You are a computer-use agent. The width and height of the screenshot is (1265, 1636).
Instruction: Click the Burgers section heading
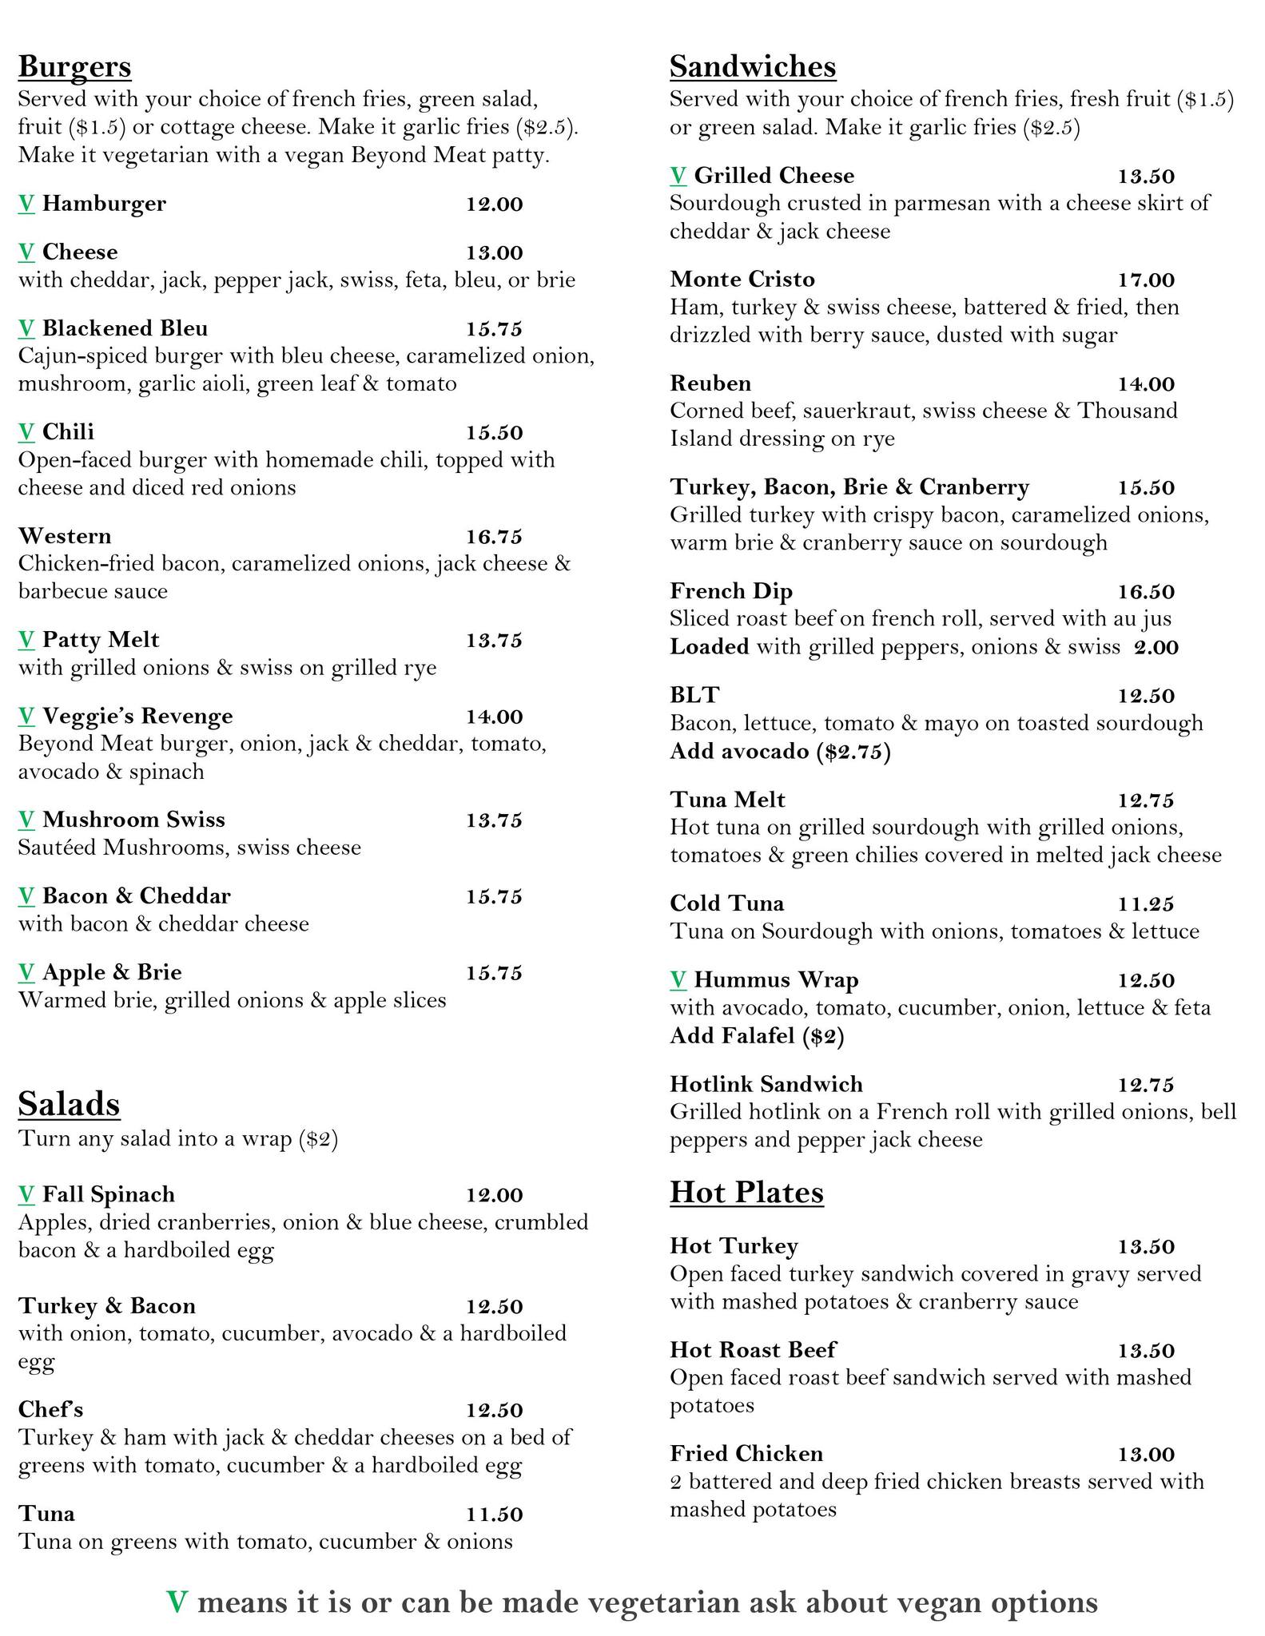pyautogui.click(x=74, y=66)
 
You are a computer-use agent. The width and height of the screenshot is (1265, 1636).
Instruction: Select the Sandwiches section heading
pyautogui.click(x=752, y=66)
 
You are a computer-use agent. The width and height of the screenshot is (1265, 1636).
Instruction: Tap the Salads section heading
pyautogui.click(x=69, y=1104)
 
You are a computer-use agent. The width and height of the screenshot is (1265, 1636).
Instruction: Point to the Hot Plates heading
pyautogui.click(x=746, y=1192)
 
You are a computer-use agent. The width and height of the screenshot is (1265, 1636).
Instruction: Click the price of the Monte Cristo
pyautogui.click(x=1145, y=280)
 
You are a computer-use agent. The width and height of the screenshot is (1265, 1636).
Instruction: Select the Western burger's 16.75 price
pyautogui.click(x=494, y=537)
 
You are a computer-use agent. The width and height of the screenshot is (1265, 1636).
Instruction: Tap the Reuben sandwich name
pyautogui.click(x=710, y=383)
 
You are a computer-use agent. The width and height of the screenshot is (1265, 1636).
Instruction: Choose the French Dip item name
pyautogui.click(x=731, y=591)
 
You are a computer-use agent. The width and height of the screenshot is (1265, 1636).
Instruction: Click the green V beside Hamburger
pyautogui.click(x=26, y=204)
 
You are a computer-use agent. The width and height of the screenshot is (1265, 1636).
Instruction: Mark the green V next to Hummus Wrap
pyautogui.click(x=678, y=979)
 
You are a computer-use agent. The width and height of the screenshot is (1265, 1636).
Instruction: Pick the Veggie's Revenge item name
pyautogui.click(x=137, y=716)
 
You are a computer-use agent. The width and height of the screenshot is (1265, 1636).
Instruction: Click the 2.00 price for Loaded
pyautogui.click(x=1156, y=647)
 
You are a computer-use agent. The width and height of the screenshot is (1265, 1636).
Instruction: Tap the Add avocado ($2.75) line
pyautogui.click(x=780, y=752)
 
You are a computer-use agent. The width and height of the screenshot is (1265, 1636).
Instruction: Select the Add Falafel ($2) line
pyautogui.click(x=757, y=1036)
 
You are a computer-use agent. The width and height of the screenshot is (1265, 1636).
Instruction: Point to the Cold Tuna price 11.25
pyautogui.click(x=1145, y=904)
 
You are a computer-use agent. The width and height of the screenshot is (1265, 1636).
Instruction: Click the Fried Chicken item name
pyautogui.click(x=746, y=1454)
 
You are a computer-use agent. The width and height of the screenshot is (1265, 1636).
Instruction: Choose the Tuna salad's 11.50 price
pyautogui.click(x=494, y=1515)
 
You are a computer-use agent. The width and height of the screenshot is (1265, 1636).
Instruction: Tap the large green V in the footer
pyautogui.click(x=177, y=1602)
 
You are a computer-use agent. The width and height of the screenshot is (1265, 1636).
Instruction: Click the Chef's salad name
pyautogui.click(x=50, y=1410)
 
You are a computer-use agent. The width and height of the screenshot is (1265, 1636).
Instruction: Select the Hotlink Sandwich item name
pyautogui.click(x=766, y=1084)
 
